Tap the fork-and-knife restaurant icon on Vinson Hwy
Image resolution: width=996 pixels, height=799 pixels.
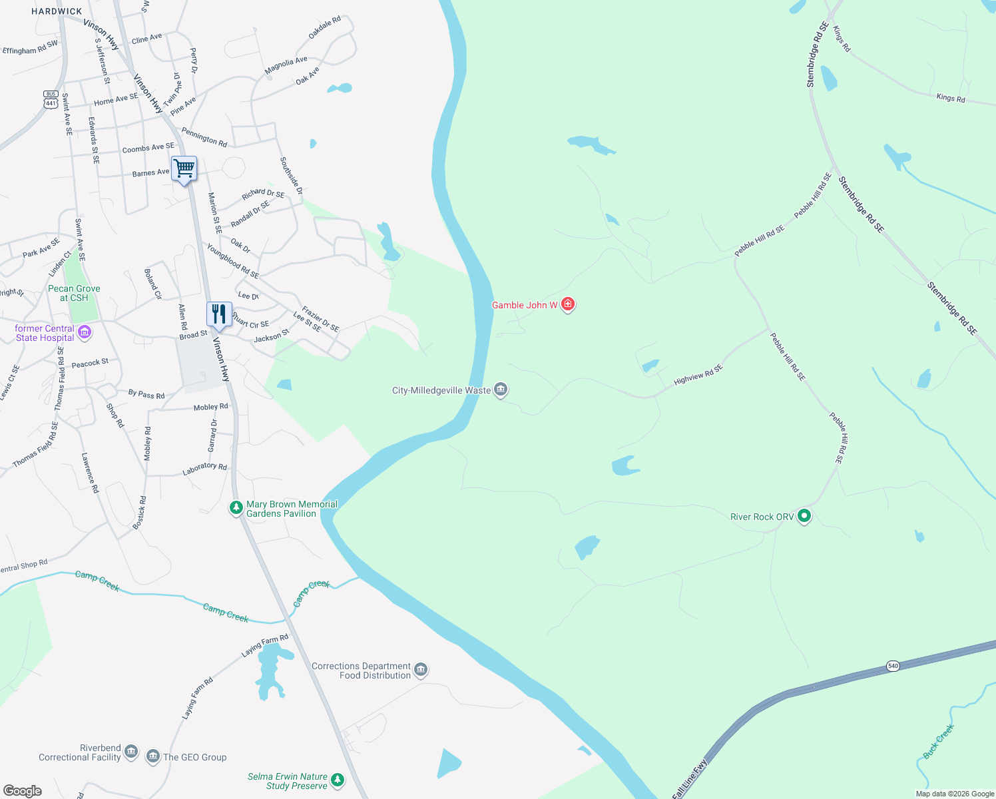pyautogui.click(x=219, y=314)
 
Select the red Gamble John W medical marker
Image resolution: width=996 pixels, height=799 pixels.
pyautogui.click(x=568, y=304)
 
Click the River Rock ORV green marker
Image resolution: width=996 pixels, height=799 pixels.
pyautogui.click(x=804, y=515)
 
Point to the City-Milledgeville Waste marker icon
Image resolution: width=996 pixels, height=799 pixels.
pyautogui.click(x=501, y=390)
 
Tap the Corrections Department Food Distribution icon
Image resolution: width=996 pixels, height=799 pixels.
pyautogui.click(x=420, y=669)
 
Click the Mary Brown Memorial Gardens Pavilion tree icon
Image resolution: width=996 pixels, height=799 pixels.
pyautogui.click(x=236, y=508)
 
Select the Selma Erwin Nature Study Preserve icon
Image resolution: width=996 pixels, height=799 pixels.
pyautogui.click(x=338, y=780)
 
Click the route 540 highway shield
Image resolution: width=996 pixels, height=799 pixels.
pyautogui.click(x=893, y=666)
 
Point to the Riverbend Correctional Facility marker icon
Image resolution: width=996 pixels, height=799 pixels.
pyautogui.click(x=131, y=752)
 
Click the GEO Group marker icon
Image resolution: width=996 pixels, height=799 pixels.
pyautogui.click(x=153, y=756)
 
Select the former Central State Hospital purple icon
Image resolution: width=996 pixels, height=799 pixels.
pyautogui.click(x=85, y=332)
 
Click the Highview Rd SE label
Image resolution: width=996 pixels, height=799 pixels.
pyautogui.click(x=698, y=375)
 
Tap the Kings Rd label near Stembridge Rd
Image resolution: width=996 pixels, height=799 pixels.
pyautogui.click(x=950, y=98)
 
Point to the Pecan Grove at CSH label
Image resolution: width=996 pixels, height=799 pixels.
pyautogui.click(x=74, y=293)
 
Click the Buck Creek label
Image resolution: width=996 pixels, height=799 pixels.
pyautogui.click(x=938, y=741)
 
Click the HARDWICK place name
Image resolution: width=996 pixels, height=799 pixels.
pyautogui.click(x=57, y=11)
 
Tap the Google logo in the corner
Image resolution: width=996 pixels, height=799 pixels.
pyautogui.click(x=23, y=790)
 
